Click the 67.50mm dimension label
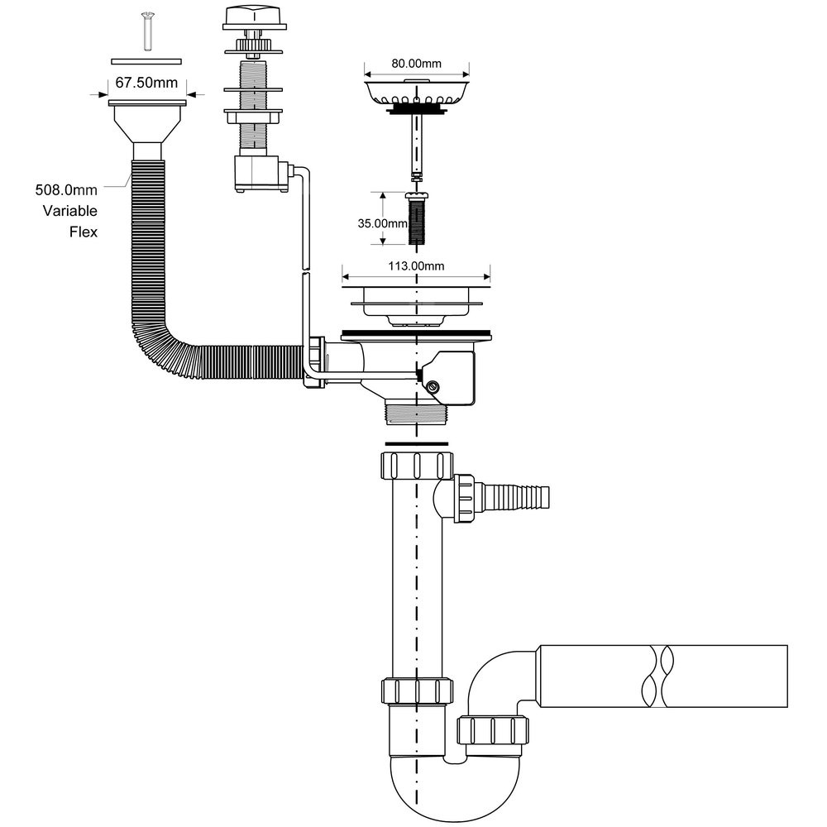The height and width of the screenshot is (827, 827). click(146, 83)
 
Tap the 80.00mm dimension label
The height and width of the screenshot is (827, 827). click(417, 61)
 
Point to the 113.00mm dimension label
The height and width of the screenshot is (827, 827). click(416, 265)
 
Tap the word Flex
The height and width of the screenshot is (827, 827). click(83, 232)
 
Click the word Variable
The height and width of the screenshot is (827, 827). click(70, 211)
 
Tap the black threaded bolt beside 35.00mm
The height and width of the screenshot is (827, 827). click(418, 218)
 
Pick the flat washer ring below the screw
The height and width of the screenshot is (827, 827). click(146, 60)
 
